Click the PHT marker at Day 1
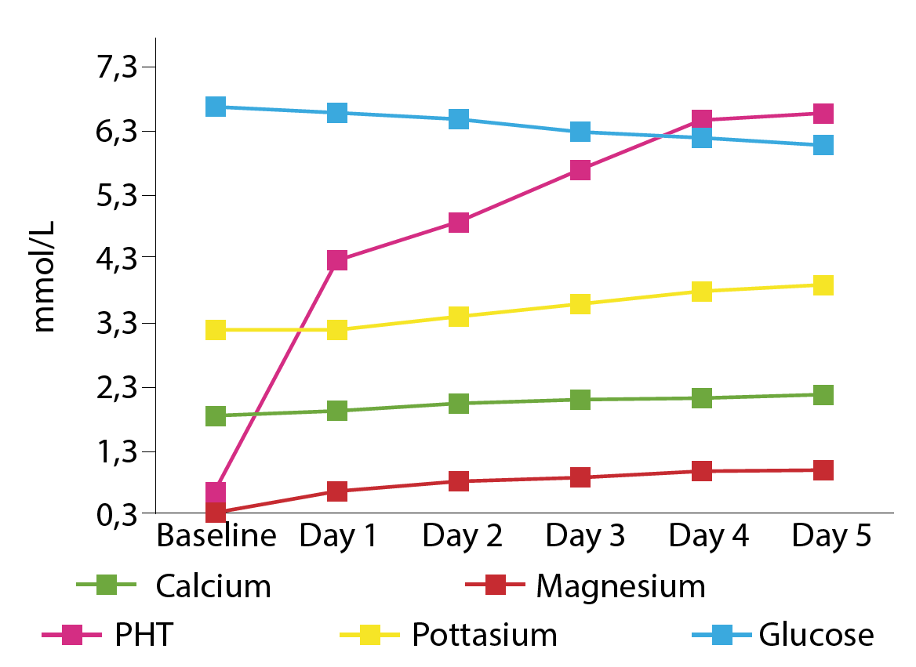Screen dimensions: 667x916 click(x=337, y=260)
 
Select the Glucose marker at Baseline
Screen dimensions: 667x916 click(x=216, y=107)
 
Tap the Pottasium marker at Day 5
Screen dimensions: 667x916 click(x=823, y=285)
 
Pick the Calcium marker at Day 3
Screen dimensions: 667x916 click(x=580, y=399)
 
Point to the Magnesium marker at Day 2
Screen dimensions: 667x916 click(x=459, y=480)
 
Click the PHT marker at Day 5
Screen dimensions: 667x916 click(x=823, y=113)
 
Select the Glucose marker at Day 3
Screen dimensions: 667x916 click(x=580, y=131)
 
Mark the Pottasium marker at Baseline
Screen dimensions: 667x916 click(x=216, y=329)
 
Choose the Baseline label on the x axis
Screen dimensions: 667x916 click(x=216, y=537)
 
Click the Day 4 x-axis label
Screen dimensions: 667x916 click(x=709, y=537)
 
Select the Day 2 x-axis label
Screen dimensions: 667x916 click(x=463, y=537)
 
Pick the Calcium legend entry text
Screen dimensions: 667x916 click(x=213, y=586)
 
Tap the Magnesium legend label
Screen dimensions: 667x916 click(x=620, y=586)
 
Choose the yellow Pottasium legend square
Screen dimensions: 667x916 click(x=370, y=634)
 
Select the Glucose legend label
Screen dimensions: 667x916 click(x=816, y=634)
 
